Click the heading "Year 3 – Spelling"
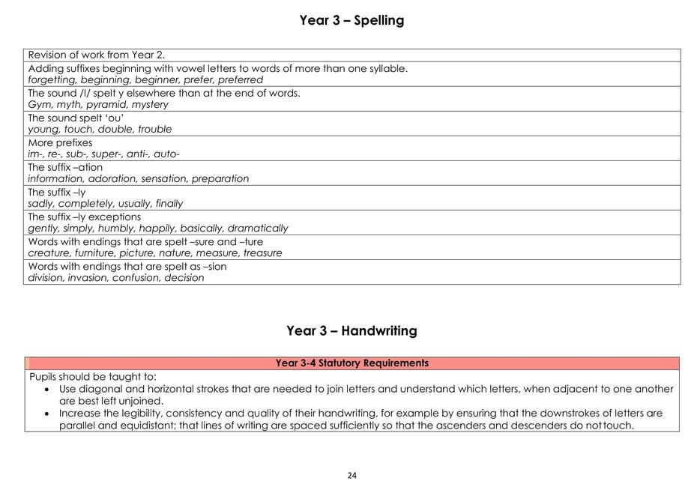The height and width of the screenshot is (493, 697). coord(351,20)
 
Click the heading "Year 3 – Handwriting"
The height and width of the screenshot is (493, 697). coord(351,330)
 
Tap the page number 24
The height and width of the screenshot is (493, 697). coord(352,475)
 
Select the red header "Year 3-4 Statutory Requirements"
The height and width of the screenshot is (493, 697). coord(351,363)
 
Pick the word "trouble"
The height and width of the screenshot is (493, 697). coord(154,130)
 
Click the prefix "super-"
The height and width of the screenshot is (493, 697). coord(106,154)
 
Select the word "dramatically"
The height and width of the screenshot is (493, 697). coord(258,229)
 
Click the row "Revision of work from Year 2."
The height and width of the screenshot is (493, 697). coord(96,55)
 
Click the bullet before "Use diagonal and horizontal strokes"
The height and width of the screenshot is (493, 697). coord(48,390)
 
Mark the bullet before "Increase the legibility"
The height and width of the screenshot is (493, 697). coord(48,414)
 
